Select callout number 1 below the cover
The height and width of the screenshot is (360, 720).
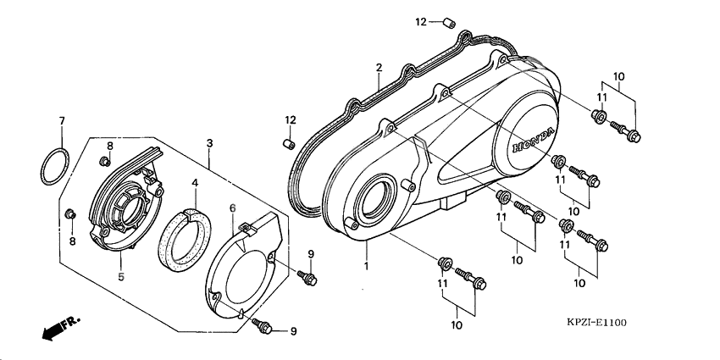coord(366,267)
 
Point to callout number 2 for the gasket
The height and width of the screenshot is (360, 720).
coord(379,67)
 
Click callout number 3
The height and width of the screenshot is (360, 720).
coord(208,145)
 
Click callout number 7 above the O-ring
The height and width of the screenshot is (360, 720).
coord(61,121)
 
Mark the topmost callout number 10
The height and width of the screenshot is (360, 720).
coord(618,77)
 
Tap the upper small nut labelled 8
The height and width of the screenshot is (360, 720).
coord(105,160)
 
